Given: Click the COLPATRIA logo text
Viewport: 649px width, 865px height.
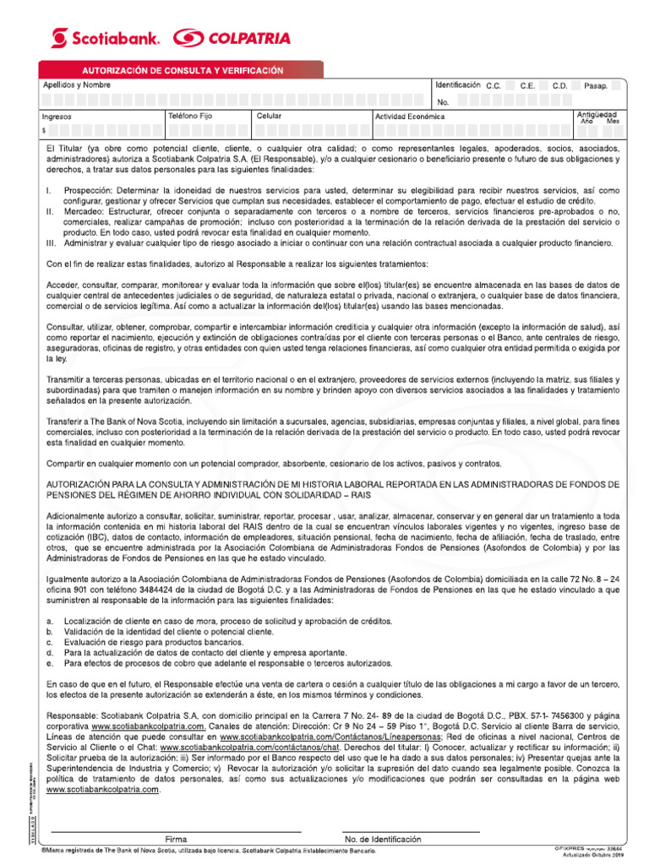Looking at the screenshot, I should [232, 38].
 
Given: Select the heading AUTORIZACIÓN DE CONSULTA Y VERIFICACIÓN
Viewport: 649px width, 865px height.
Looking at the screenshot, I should [182, 71].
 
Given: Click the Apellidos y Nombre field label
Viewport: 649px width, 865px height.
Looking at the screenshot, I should [77, 85].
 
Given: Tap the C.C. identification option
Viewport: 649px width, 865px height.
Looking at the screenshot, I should [494, 85].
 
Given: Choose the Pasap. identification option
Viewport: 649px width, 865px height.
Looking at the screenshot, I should [596, 85].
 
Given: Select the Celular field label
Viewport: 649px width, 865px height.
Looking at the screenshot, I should [269, 115].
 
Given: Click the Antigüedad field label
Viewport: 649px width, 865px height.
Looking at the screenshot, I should [596, 114].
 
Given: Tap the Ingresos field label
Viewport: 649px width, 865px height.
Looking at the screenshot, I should [57, 117].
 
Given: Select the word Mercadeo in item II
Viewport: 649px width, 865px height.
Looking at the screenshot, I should [86, 211].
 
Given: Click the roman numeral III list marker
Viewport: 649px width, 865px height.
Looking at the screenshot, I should [51, 242].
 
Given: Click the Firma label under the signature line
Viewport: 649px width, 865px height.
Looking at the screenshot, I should [177, 840].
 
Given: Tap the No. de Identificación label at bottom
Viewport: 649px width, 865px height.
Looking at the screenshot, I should [382, 840].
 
